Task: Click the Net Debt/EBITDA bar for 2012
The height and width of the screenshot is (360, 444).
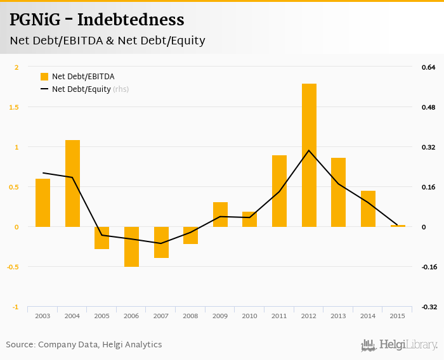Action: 309,155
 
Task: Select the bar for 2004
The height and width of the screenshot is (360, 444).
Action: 72,183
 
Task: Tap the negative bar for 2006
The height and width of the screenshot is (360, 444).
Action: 131,247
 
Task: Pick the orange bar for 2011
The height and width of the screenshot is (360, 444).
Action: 279,191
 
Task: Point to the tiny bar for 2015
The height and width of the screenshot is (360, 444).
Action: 398,226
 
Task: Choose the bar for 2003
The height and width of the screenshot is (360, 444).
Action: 42,203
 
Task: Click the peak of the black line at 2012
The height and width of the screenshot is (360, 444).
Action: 309,150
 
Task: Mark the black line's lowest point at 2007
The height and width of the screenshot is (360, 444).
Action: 161,243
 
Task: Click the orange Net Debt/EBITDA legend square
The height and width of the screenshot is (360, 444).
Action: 44,77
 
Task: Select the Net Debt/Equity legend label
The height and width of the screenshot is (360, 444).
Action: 81,89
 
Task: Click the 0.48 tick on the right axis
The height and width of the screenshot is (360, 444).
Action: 429,107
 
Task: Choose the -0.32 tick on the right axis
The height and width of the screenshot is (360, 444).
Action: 429,307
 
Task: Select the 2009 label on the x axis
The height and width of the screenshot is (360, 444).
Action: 220,316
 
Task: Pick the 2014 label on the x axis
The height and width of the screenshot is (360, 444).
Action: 368,316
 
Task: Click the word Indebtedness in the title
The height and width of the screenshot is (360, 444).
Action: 131,20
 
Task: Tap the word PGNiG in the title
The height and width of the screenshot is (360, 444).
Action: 36,20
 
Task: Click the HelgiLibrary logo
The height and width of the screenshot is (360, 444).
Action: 400,345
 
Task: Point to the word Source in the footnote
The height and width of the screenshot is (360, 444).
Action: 20,344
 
